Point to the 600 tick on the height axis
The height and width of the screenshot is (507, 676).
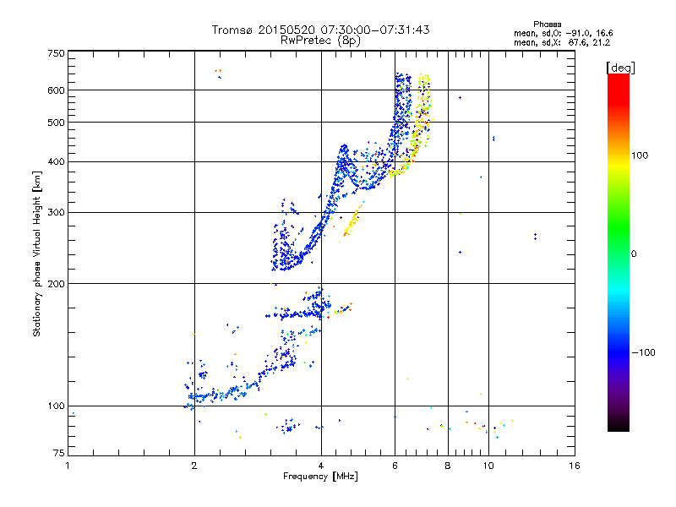(x=56, y=90)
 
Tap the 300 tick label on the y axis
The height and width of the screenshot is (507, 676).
(x=56, y=212)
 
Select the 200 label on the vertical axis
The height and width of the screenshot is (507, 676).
(x=56, y=283)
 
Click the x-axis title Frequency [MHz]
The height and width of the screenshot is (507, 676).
(x=320, y=477)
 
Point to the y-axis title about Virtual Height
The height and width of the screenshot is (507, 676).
(x=37, y=254)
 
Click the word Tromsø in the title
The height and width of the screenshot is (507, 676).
(x=233, y=30)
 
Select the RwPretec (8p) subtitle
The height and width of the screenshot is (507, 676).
(x=320, y=40)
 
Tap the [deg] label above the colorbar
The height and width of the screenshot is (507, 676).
(x=621, y=67)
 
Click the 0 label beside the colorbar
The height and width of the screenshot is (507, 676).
(x=634, y=253)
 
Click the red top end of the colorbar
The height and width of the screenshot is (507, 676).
(x=618, y=78)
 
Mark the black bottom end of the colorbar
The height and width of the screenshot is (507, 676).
(x=618, y=428)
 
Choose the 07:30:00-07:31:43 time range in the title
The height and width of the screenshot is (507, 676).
(x=372, y=30)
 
